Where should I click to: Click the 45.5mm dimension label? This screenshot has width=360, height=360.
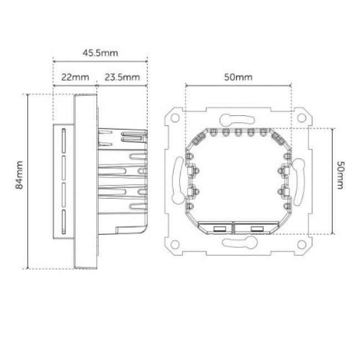100,53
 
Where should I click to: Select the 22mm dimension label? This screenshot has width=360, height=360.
75,77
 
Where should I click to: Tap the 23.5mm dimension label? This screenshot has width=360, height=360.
122,77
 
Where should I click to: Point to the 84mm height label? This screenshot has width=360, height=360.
19,175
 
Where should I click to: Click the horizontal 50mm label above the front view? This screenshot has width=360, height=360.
238,77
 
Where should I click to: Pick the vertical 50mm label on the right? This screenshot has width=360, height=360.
340,175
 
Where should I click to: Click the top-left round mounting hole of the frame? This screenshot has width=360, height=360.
175,118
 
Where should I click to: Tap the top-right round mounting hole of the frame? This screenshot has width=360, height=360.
301,118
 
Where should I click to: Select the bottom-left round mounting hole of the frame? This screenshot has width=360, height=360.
175,244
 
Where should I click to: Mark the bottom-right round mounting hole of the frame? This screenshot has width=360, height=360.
301,244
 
